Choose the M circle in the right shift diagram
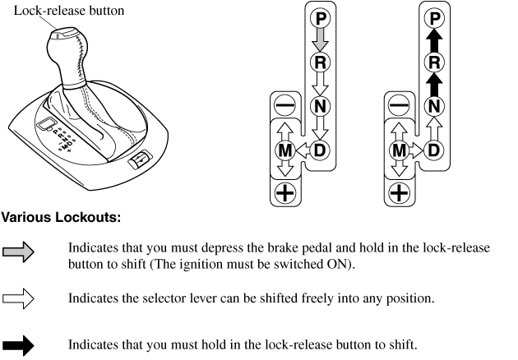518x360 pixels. (399, 150)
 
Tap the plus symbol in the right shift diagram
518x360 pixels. (399, 194)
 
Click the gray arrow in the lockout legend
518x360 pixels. (17, 255)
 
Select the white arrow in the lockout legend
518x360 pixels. (17, 302)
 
